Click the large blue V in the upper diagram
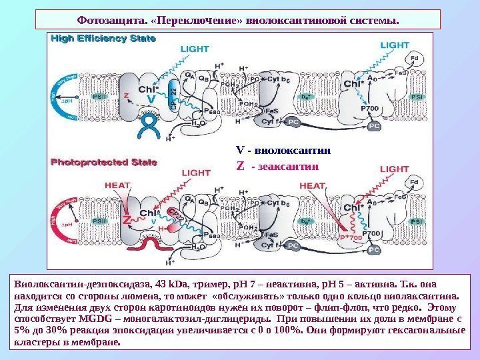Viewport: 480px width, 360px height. tap(152, 99)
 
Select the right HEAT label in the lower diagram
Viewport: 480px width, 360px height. tap(312, 185)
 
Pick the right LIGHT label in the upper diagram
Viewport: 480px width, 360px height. tap(395, 44)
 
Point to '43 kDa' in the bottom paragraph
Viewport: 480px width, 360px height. tap(139, 283)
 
